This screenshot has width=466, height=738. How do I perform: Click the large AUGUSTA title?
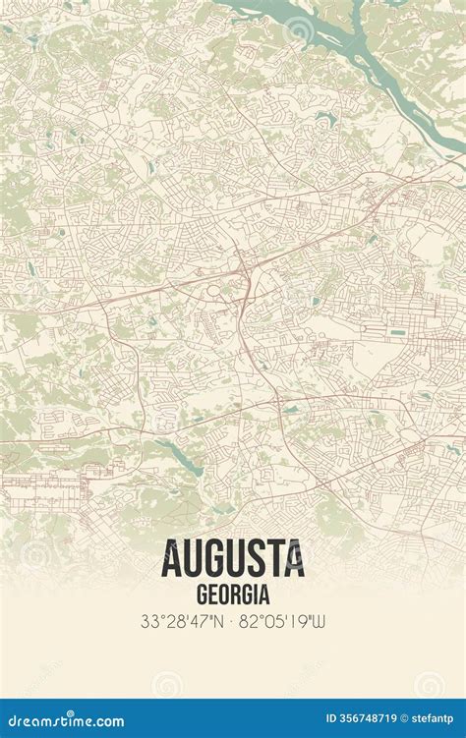pyautogui.click(x=232, y=559)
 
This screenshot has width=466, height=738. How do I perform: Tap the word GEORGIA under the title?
pyautogui.click(x=233, y=595)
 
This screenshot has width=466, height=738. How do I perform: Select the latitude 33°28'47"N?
pyautogui.click(x=182, y=621)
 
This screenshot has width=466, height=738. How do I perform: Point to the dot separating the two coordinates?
pyautogui.click(x=233, y=621)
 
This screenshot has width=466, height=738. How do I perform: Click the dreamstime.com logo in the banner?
pyautogui.click(x=63, y=720)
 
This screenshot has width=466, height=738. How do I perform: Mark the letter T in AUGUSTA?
pyautogui.click(x=277, y=559)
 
